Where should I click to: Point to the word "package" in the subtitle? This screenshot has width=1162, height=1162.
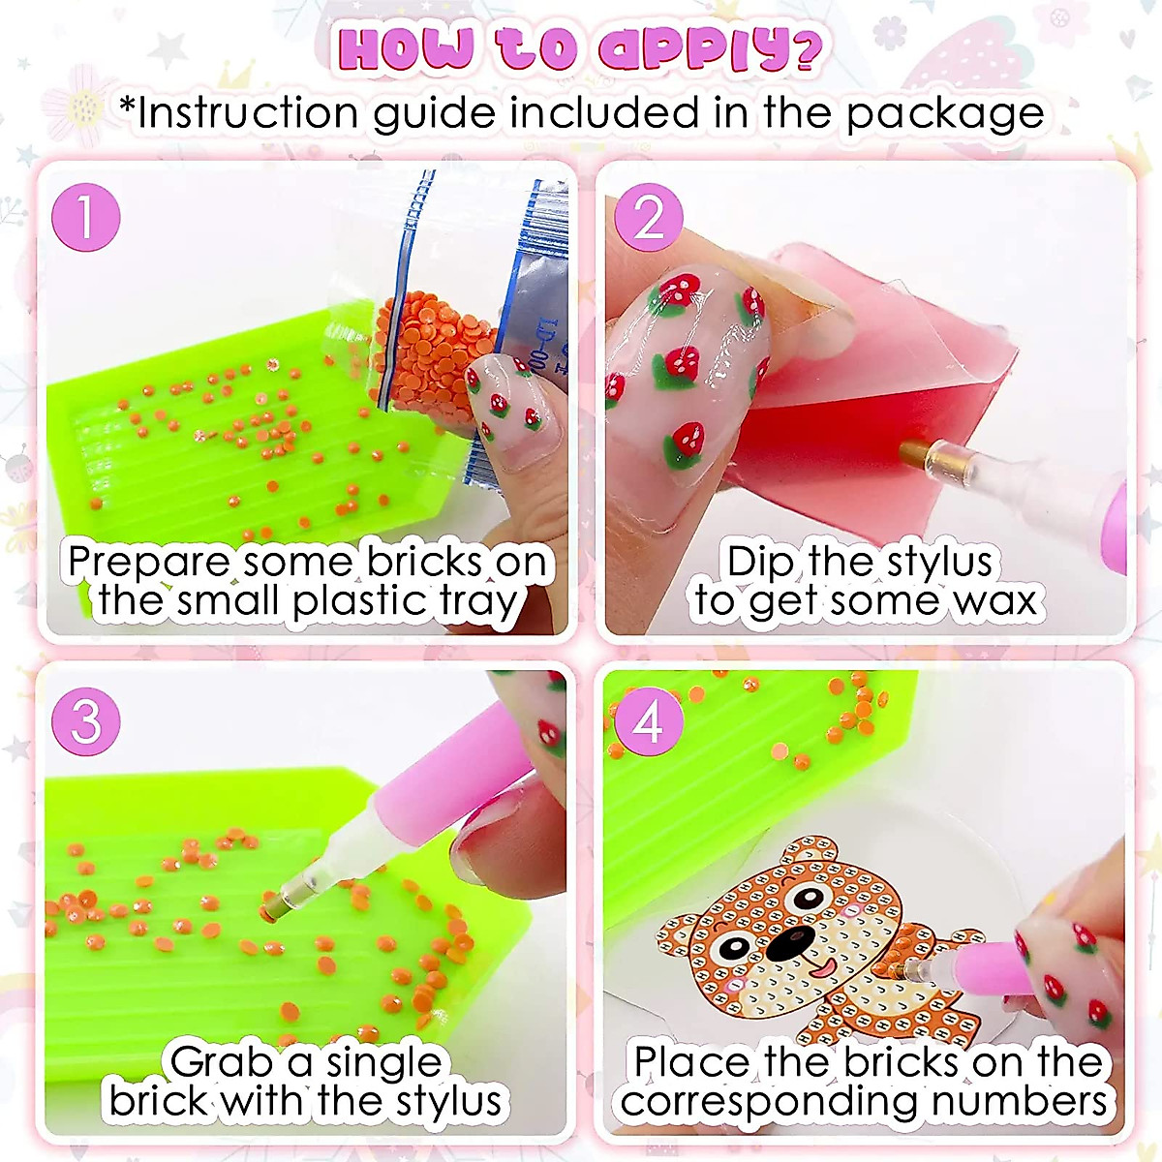pos(945,114)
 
